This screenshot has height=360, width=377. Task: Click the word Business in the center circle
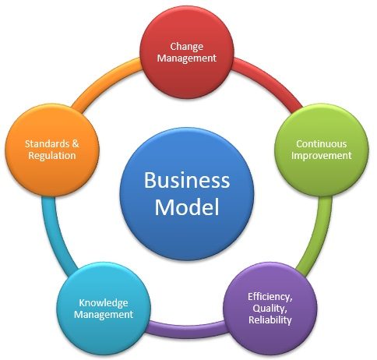187,180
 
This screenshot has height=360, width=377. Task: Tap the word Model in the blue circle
187,207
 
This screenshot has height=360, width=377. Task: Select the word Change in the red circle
187,47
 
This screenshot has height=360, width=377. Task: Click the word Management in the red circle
187,58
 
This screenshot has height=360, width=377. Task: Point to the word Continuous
322,143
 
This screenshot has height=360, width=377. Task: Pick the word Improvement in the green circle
322,156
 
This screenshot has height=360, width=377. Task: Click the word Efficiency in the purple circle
270,297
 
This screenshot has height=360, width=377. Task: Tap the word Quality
270,309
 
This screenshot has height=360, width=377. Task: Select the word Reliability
270,319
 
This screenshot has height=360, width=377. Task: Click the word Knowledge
104,303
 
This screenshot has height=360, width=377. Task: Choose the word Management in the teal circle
104,315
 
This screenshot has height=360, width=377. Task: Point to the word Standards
48,143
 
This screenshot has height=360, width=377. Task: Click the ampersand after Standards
76,143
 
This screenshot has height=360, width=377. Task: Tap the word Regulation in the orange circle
52,156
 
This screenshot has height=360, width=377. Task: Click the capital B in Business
150,180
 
